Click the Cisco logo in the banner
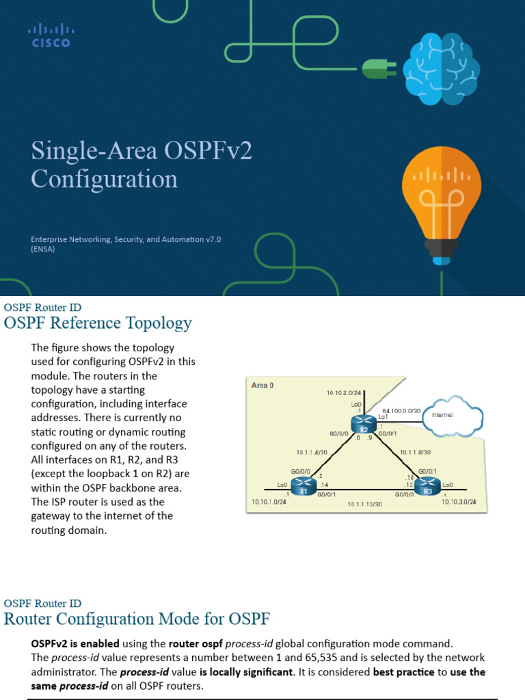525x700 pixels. tap(51, 36)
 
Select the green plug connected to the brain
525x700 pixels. tap(375, 67)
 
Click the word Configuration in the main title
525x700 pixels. tap(104, 179)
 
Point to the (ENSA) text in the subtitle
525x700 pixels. tap(43, 250)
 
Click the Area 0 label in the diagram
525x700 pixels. tap(262, 386)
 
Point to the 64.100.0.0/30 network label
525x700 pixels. tap(402, 410)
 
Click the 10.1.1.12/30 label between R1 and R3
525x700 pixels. tap(364, 504)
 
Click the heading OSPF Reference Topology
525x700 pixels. tap(98, 323)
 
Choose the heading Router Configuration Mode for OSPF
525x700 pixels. tap(137, 619)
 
